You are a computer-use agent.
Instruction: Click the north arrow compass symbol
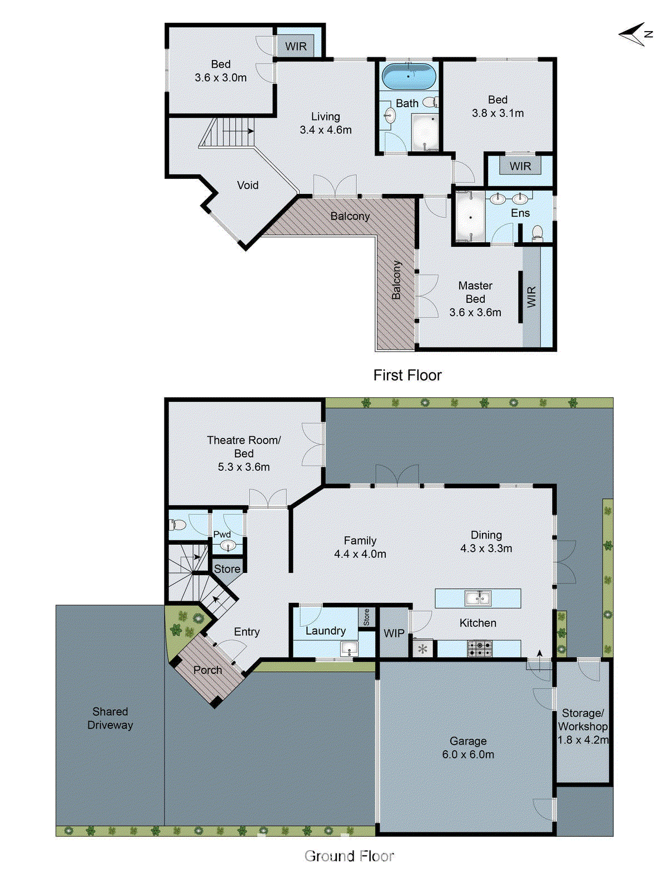pos(634,34)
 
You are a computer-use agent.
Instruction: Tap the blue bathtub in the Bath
pos(409,76)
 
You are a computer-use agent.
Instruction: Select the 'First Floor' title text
pos(407,376)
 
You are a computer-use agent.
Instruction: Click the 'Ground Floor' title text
pos(349,856)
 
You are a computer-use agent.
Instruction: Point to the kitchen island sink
pos(477,598)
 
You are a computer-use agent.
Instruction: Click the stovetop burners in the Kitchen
pos(479,648)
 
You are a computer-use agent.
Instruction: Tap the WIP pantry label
pos(394,633)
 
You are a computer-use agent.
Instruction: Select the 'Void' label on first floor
pos(247,186)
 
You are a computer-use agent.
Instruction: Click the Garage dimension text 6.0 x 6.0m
pos(468,755)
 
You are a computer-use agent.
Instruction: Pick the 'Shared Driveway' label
pos(110,718)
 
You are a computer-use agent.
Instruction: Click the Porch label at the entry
pos(207,670)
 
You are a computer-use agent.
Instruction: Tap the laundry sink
pos(349,648)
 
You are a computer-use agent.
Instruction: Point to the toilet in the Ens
pos(537,232)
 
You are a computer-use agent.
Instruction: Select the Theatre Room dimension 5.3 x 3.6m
pos(243,467)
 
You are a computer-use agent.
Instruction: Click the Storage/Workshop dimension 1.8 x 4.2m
pos(583,740)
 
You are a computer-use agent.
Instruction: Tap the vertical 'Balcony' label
pos(396,280)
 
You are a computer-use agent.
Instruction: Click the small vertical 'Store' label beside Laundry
pos(366,617)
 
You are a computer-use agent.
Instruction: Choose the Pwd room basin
pos(228,546)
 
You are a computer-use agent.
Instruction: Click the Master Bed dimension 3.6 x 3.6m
pos(475,313)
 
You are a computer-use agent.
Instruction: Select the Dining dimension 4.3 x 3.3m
pos(486,548)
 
